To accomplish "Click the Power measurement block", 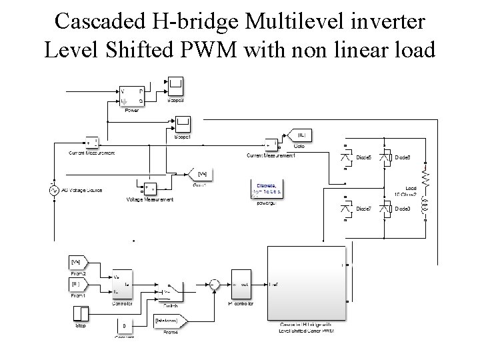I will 132,96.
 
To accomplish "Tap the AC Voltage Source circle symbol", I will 54,190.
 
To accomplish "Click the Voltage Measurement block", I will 147,188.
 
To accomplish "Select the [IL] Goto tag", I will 300,135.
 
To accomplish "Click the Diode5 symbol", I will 347,157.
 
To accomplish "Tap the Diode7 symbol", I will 347,209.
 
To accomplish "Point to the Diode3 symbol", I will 385,209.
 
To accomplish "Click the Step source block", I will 81,314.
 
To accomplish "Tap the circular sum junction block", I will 213,285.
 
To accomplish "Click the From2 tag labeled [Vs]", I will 77,261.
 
